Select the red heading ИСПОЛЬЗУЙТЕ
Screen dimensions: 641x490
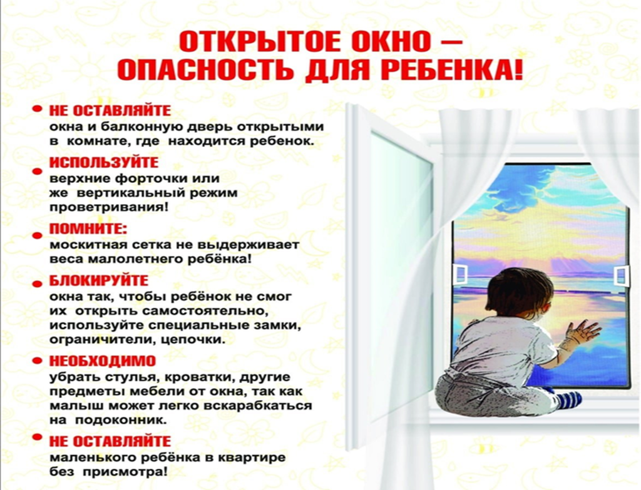pyautogui.click(x=104, y=162)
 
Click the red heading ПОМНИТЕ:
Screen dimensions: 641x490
pyautogui.click(x=88, y=229)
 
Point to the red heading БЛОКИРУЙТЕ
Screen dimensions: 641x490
pyautogui.click(x=99, y=281)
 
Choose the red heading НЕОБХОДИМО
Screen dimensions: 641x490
pyautogui.click(x=103, y=361)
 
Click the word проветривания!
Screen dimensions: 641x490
pyautogui.click(x=109, y=207)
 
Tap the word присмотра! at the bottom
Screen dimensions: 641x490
pyautogui.click(x=125, y=472)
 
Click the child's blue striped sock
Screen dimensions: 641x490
pyautogui.click(x=568, y=399)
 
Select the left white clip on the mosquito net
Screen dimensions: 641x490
pyautogui.click(x=461, y=273)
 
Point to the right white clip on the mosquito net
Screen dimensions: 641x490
pyautogui.click(x=621, y=275)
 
